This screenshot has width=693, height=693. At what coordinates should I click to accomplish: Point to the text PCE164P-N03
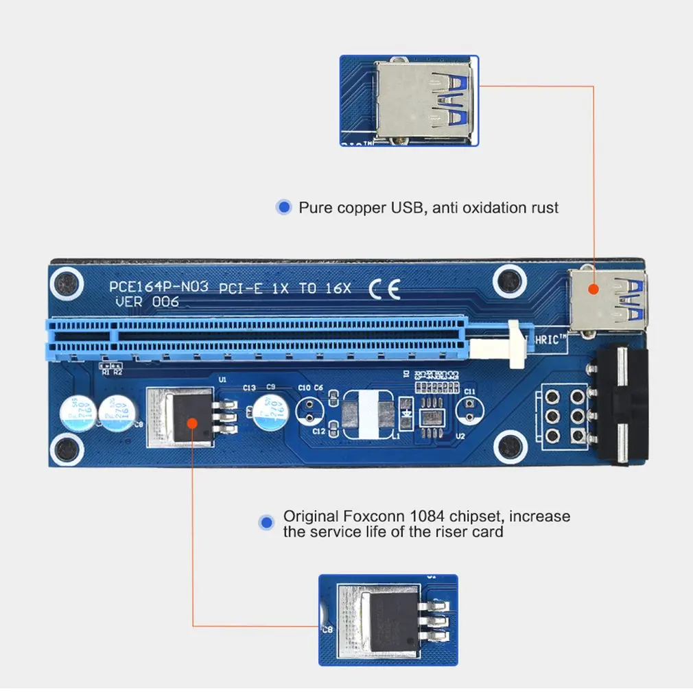[x=158, y=287]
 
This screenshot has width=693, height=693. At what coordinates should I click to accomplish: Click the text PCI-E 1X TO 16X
[x=285, y=289]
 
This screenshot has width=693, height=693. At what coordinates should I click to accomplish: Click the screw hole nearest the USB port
[x=508, y=279]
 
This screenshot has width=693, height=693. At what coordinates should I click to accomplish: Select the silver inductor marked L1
[x=367, y=415]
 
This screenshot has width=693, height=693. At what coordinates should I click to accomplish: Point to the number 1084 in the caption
[x=430, y=516]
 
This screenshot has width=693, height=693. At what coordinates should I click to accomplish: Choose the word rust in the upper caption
[x=544, y=207]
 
